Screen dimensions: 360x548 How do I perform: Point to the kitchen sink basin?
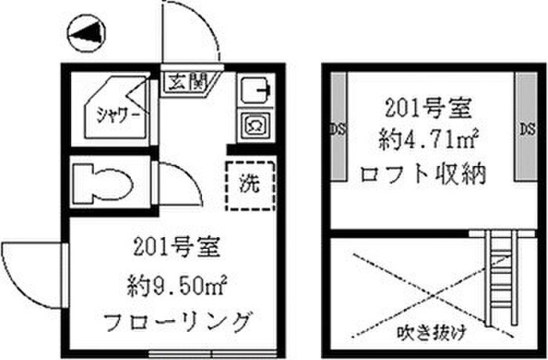254,92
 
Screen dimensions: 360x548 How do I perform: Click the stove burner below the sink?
255,124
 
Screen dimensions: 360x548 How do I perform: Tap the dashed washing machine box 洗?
249,185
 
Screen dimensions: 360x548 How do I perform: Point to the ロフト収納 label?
422,173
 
